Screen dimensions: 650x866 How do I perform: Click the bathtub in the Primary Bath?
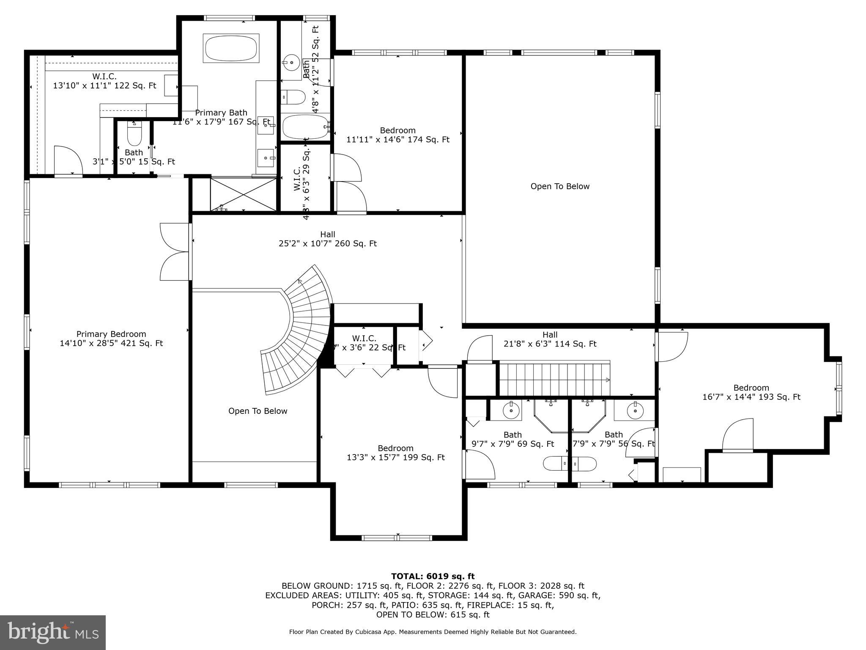231,48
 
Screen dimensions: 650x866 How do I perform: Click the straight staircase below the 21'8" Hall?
554,378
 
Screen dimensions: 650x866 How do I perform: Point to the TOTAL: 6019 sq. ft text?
433,576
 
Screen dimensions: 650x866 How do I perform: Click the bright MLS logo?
53,632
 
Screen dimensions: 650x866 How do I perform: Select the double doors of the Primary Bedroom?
175,252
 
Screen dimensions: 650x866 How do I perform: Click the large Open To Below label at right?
560,187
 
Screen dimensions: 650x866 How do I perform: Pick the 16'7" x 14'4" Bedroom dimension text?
751,397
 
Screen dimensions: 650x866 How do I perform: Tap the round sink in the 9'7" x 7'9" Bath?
511,410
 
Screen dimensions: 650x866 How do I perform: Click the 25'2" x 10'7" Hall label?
327,239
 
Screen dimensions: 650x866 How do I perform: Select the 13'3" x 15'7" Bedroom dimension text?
396,457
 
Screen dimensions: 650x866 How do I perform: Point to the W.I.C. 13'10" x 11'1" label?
104,81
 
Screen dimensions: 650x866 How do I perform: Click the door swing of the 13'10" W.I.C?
68,160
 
